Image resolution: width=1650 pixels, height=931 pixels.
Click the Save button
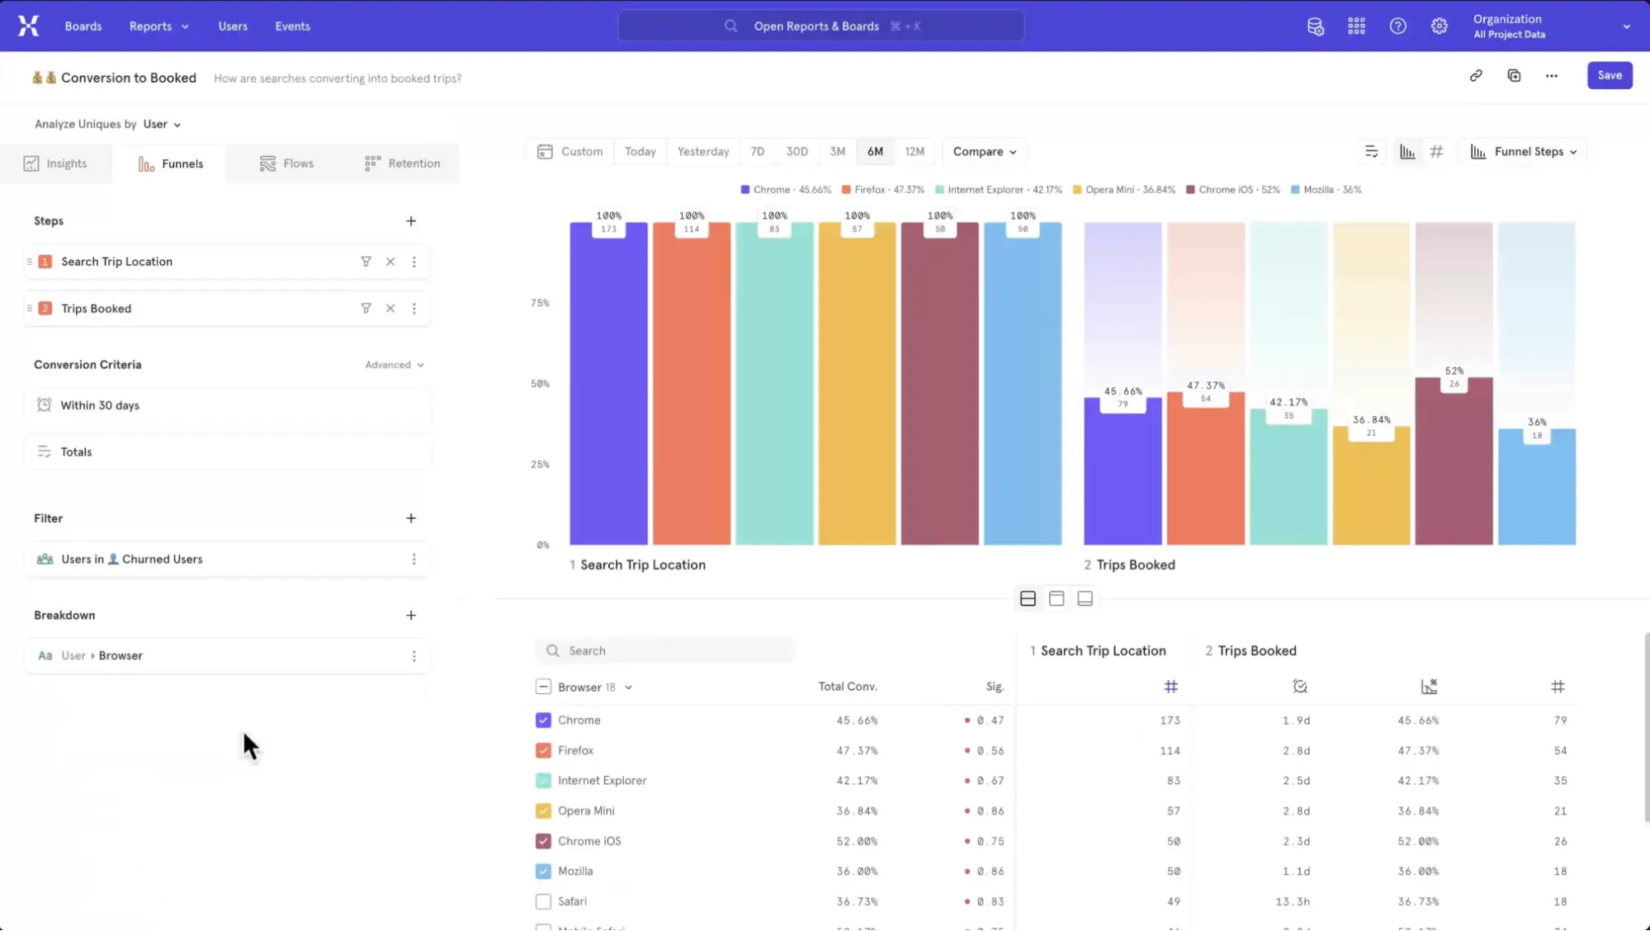point(1609,75)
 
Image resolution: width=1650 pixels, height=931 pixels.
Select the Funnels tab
point(171,163)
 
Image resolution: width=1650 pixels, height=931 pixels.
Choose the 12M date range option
point(914,152)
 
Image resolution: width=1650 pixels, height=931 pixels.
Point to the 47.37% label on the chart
point(1205,385)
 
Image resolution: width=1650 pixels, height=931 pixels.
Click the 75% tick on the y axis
point(540,303)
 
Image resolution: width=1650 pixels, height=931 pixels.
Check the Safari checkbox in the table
point(543,901)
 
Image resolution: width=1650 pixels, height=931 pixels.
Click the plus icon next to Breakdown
point(411,616)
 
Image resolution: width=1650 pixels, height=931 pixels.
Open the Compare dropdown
point(984,152)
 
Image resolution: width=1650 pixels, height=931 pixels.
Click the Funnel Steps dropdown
point(1526,152)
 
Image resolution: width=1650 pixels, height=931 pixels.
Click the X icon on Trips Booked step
point(390,309)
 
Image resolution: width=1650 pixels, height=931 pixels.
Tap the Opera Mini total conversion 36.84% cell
point(856,810)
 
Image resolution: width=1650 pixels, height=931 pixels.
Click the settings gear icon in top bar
point(1439,26)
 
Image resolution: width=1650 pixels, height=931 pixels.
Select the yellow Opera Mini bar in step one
point(857,388)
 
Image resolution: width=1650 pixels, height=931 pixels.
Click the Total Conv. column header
point(847,687)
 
